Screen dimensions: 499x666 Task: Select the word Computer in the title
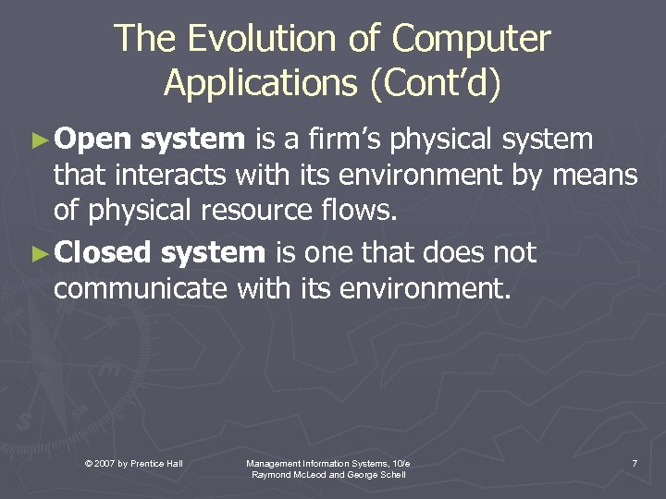tap(471, 40)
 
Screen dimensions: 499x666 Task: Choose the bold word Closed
tap(103, 252)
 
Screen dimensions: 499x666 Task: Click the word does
tap(443, 252)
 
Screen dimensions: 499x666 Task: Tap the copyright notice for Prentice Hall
tap(133, 462)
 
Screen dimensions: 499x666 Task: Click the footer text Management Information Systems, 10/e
tap(328, 462)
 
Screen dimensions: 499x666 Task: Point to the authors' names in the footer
tap(328, 474)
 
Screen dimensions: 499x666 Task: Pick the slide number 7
tap(634, 462)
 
